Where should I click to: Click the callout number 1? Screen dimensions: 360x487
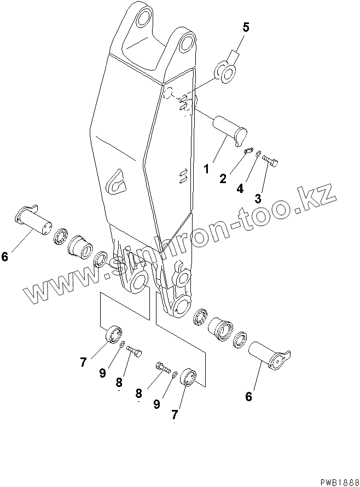click(206, 169)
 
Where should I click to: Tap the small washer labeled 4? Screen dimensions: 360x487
click(258, 155)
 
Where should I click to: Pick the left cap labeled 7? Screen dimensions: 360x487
click(114, 334)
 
